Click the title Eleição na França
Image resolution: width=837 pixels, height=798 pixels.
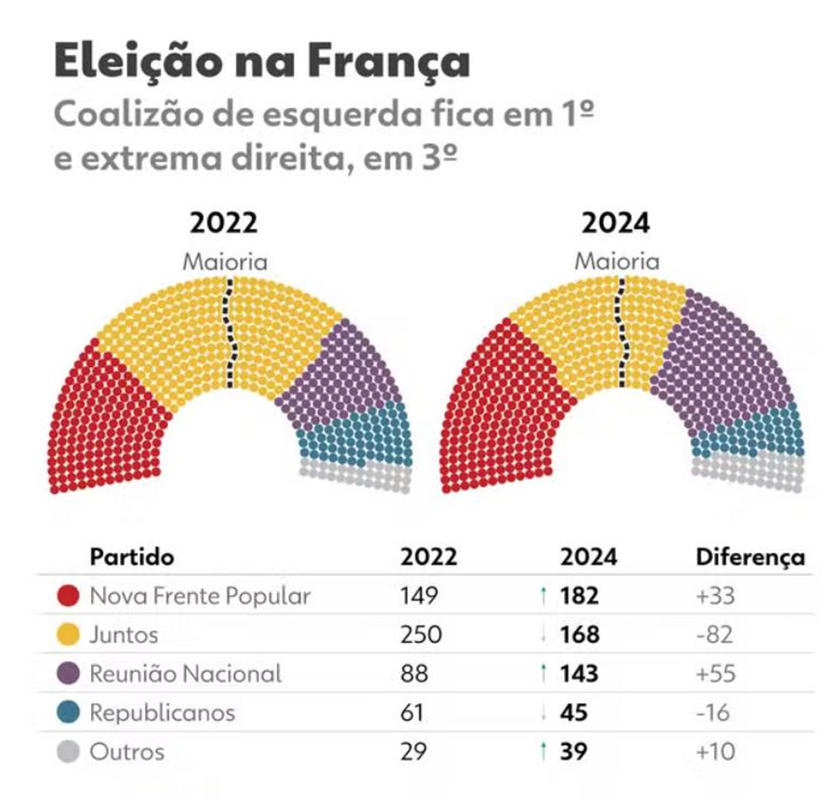coord(262,61)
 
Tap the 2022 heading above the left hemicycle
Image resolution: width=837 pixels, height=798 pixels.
coord(224,223)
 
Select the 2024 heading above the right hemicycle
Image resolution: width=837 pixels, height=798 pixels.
coord(616,223)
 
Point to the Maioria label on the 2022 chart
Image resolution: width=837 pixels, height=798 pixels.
coord(226,261)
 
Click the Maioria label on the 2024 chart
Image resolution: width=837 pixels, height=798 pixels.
coord(617,261)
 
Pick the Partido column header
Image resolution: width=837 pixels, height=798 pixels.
coord(132,557)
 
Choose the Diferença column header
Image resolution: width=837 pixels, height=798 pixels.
coord(750,557)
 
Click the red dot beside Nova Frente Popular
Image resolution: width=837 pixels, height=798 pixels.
coord(68,597)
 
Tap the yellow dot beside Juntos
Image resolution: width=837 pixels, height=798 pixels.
coord(68,636)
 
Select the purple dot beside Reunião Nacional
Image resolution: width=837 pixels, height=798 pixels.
coord(68,675)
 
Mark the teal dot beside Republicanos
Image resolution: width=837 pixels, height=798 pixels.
coord(68,714)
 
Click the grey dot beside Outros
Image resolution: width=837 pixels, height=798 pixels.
coord(68,752)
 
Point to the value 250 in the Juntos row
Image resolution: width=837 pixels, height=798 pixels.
coord(421,636)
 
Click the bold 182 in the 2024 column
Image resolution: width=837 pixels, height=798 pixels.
coord(579,597)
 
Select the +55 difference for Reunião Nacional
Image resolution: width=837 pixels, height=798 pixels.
coord(716,675)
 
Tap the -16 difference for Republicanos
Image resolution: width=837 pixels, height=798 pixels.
coord(714,714)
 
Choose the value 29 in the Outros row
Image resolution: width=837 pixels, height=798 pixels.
coord(414,752)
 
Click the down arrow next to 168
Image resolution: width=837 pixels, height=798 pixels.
coord(543,636)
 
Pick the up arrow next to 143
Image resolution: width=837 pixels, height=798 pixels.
coord(543,675)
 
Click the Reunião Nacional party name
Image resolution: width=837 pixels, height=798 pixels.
coord(186,675)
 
